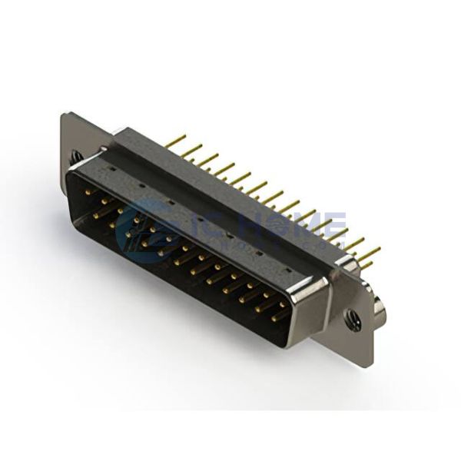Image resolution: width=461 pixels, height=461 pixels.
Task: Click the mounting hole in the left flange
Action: point(77,156)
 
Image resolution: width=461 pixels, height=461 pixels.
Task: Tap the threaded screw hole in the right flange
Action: point(353,317)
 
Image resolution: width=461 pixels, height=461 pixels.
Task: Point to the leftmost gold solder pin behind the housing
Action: point(176,141)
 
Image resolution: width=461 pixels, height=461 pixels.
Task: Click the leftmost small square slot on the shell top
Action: point(112,165)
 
